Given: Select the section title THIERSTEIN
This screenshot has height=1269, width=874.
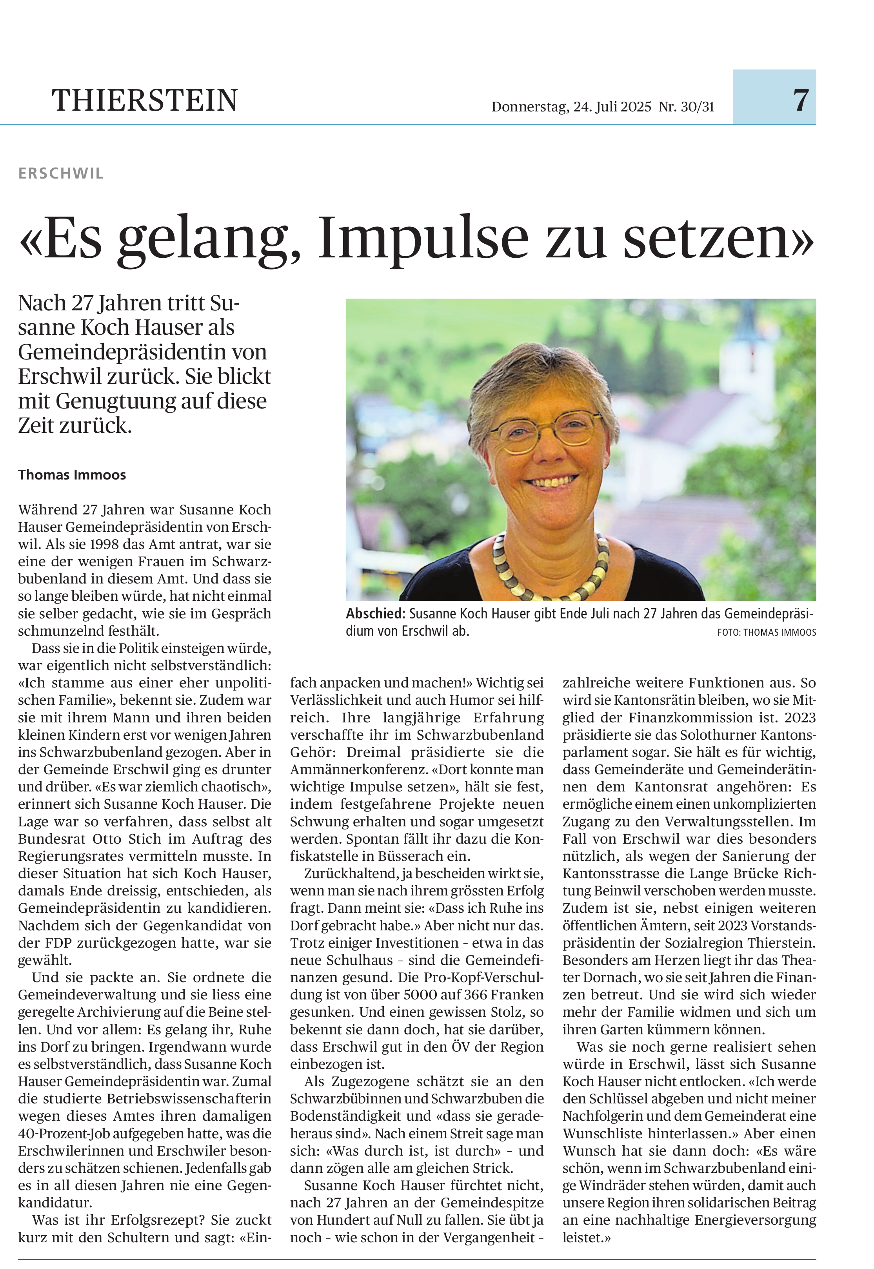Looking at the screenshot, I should click(145, 101).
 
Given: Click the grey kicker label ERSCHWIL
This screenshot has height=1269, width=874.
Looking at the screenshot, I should click(61, 174).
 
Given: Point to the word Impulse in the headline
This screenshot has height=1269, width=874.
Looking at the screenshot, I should click(423, 238).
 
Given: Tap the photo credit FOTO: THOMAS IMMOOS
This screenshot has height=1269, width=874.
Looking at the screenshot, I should click(766, 632).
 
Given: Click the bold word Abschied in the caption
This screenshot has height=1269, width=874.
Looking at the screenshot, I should click(374, 614).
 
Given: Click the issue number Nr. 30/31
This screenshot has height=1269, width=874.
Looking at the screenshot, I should click(686, 106).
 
